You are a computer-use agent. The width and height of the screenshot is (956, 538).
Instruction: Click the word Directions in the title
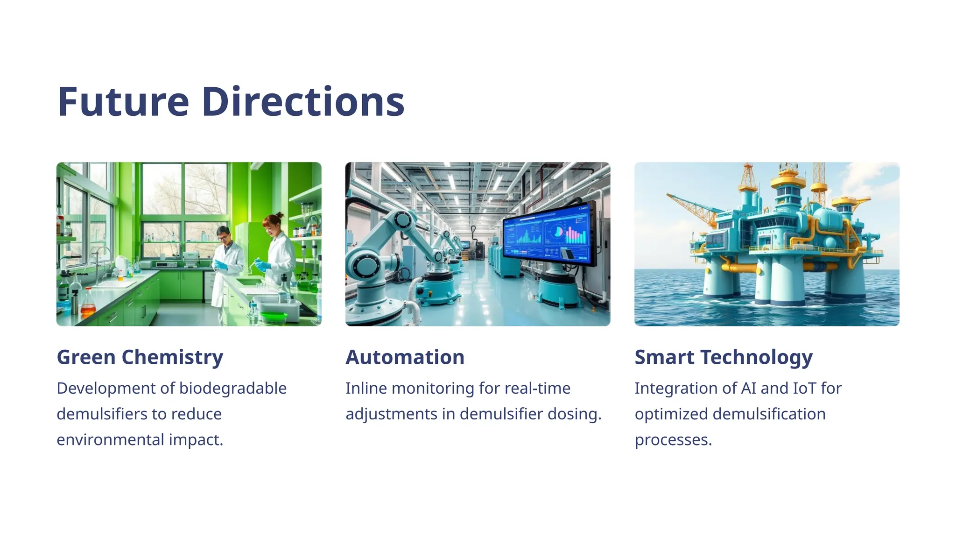click(303, 102)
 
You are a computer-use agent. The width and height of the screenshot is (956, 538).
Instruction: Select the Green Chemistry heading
click(140, 357)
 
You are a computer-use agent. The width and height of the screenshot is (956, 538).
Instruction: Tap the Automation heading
click(405, 357)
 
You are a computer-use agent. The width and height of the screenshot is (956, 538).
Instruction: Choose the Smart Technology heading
click(724, 357)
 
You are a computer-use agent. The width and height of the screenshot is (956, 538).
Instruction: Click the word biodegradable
click(232, 389)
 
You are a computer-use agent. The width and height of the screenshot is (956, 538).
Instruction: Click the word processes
click(673, 440)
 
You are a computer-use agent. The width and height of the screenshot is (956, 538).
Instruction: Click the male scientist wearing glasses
click(227, 262)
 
